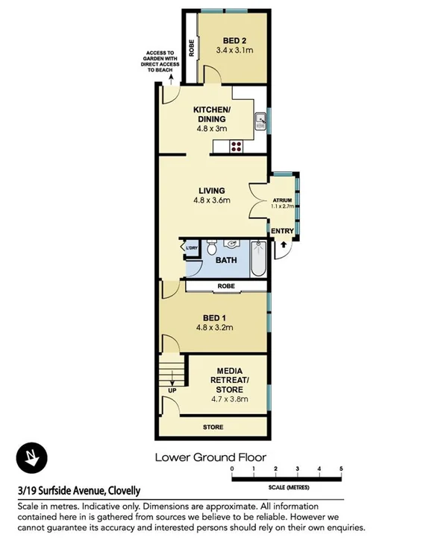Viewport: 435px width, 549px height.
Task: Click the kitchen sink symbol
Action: tap(261, 120)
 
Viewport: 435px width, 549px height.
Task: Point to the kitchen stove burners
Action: tap(237, 146)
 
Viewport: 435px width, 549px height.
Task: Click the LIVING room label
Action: tap(212, 190)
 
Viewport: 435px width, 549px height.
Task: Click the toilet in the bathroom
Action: tap(212, 245)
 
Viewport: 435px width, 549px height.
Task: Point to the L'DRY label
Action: tap(191, 248)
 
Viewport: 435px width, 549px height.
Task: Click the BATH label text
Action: tap(226, 261)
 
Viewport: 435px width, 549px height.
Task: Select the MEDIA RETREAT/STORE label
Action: tap(233, 380)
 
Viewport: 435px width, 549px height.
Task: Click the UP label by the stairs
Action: tap(172, 390)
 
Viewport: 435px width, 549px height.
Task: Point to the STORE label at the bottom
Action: tap(213, 428)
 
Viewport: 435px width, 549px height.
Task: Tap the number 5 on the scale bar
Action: tap(341, 469)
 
